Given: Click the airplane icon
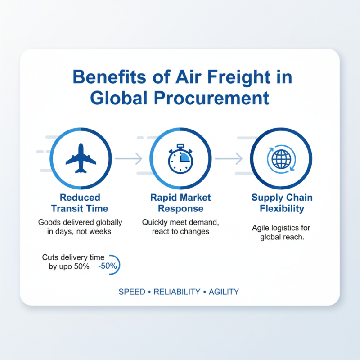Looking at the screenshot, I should [81, 158].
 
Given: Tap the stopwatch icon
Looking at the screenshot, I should [180, 158].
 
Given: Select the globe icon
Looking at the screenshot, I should [281, 158].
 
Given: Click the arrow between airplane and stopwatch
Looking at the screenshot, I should [129, 158].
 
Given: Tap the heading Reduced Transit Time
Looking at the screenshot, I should [80, 203].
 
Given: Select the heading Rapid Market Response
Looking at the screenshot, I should [180, 203].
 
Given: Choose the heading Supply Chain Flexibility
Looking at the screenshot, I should [282, 203].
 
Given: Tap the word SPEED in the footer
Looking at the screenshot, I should [132, 292].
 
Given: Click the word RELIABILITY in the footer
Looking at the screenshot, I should [176, 292].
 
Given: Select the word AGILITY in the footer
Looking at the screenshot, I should [224, 292].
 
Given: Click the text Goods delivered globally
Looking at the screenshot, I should [80, 222].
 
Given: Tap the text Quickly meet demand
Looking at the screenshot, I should [180, 222].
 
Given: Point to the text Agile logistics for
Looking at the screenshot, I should [281, 228].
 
